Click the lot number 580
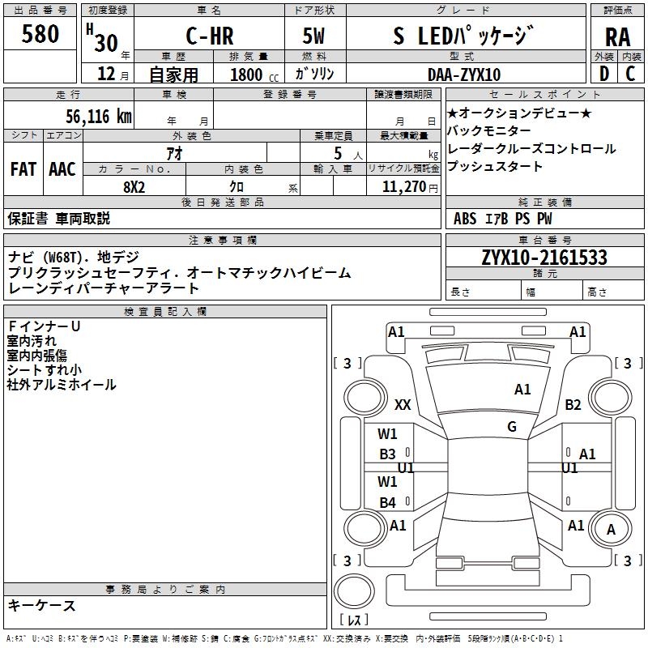coord(40,34)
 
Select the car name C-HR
coord(210,36)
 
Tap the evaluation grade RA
coord(617,37)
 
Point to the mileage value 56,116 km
coord(98,117)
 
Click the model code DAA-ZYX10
coord(464,75)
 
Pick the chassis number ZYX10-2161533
coord(544,258)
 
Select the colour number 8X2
coord(134,187)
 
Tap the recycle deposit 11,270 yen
coord(410,187)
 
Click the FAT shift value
coord(23,169)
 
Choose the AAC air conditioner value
coord(62,169)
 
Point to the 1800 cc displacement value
coord(254,75)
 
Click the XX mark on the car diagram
coord(403,404)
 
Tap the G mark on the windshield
coord(512,426)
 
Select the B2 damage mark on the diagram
coord(573,404)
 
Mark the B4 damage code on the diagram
coord(387,502)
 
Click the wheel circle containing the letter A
coord(611,529)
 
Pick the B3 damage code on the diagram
coord(387,454)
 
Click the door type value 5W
coord(313,36)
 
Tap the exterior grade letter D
coord(604,74)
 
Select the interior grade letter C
coord(630,74)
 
